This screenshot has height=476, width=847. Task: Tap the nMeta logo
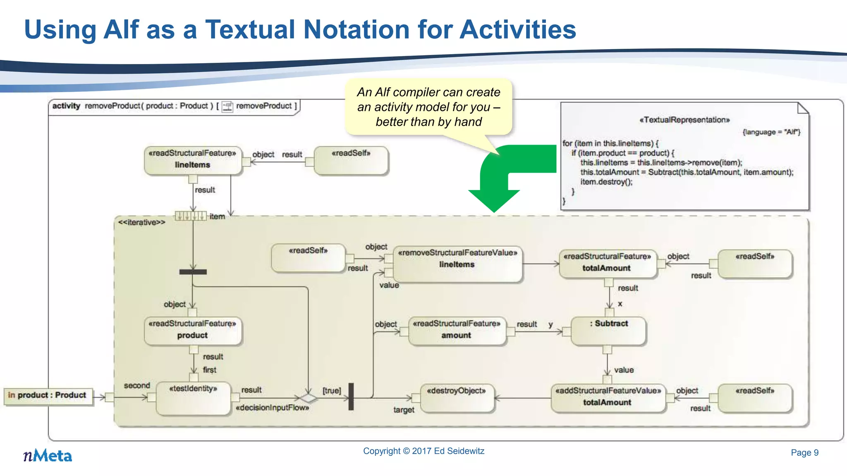pos(48,456)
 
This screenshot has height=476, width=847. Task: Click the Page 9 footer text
pos(804,452)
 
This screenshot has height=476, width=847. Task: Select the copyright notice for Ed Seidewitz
pos(423,451)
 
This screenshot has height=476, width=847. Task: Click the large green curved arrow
pos(509,174)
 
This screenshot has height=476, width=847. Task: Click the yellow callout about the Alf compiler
pos(428,107)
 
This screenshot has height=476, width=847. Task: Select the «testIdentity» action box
pos(193,397)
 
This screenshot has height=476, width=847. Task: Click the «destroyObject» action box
pos(457,397)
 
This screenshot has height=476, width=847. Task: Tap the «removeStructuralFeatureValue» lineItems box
pos(457,264)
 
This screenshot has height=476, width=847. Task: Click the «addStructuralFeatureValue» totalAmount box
pos(608,397)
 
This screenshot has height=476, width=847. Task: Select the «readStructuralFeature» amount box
pos(457,330)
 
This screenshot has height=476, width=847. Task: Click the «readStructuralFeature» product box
pos(192,330)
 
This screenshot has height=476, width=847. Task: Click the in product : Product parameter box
pos(47,395)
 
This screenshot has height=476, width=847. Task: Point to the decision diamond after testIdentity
pos(308,398)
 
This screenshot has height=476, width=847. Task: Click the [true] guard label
pos(332,390)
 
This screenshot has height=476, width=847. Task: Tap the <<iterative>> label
pos(141,222)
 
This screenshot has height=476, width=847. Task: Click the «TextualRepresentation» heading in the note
pos(684,120)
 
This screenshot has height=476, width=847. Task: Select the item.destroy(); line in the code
pos(606,182)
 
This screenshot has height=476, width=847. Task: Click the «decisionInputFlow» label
pos(272,408)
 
